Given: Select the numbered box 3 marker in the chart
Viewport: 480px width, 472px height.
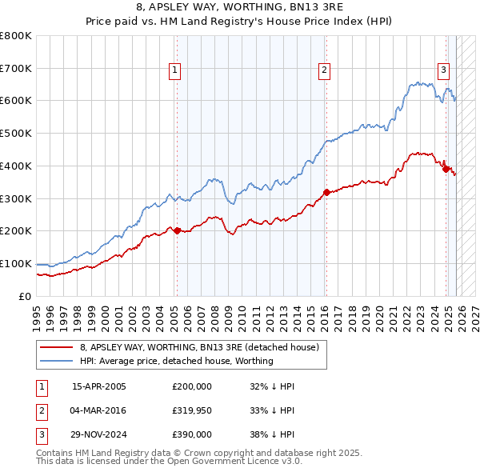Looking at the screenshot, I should (x=443, y=70).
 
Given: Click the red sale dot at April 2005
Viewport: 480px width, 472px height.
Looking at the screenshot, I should (x=177, y=230).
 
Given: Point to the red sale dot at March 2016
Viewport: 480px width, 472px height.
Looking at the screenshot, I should (x=326, y=192).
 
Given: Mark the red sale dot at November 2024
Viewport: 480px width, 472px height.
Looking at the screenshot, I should (x=446, y=168).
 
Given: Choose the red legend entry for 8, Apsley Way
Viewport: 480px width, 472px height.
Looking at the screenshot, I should (x=199, y=347).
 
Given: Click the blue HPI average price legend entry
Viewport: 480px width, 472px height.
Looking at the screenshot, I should (x=176, y=361).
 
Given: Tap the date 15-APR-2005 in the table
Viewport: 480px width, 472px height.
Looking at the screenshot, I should (x=99, y=386).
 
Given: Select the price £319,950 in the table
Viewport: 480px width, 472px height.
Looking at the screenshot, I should (x=192, y=410).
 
